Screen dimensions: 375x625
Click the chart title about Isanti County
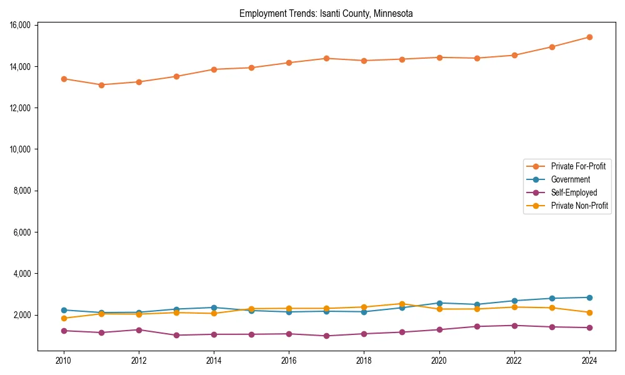pyautogui.click(x=326, y=13)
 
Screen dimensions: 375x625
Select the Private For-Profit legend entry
pyautogui.click(x=577, y=166)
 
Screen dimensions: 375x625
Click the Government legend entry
pyautogui.click(x=570, y=179)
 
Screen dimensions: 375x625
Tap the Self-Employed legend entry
pyautogui.click(x=574, y=192)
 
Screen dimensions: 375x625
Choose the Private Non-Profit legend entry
pyautogui.click(x=579, y=206)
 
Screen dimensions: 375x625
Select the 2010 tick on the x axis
pyautogui.click(x=63, y=360)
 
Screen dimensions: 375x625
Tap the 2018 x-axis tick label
pyautogui.click(x=364, y=360)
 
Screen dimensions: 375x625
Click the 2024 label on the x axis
pyautogui.click(x=589, y=360)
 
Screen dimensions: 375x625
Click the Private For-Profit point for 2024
pyautogui.click(x=589, y=37)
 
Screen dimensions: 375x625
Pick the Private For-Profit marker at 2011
pyautogui.click(x=101, y=85)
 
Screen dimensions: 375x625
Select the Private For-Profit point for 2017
pyautogui.click(x=326, y=58)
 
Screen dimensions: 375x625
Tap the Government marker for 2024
pyautogui.click(x=589, y=297)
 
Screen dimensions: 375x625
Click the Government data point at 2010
pyautogui.click(x=63, y=310)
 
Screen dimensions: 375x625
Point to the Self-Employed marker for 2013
pyautogui.click(x=176, y=335)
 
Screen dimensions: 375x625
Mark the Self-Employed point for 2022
pyautogui.click(x=514, y=326)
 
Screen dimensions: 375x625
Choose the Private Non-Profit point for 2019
pyautogui.click(x=402, y=304)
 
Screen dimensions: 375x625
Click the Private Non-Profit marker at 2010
pyautogui.click(x=63, y=318)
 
